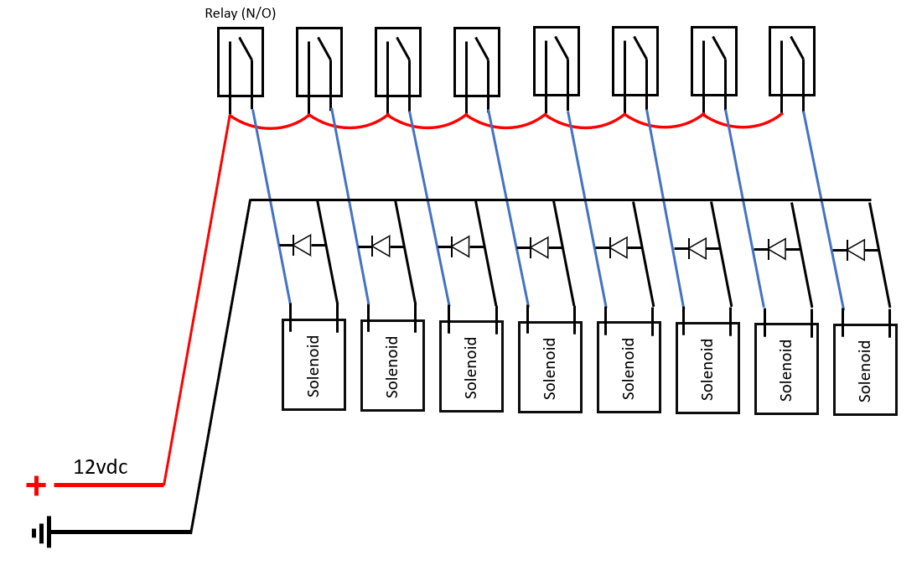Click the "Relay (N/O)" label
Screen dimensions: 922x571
tap(240, 13)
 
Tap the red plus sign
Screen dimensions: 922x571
tap(36, 485)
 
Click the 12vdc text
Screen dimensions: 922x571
tap(100, 467)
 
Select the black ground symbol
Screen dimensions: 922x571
tap(42, 532)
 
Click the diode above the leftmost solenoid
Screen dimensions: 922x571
tap(302, 245)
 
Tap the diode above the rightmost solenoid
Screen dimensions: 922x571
tap(856, 250)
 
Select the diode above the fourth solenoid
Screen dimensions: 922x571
tap(539, 247)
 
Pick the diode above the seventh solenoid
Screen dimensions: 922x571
tap(777, 249)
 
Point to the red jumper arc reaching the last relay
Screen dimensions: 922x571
tap(743, 126)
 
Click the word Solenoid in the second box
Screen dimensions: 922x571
tap(392, 367)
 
